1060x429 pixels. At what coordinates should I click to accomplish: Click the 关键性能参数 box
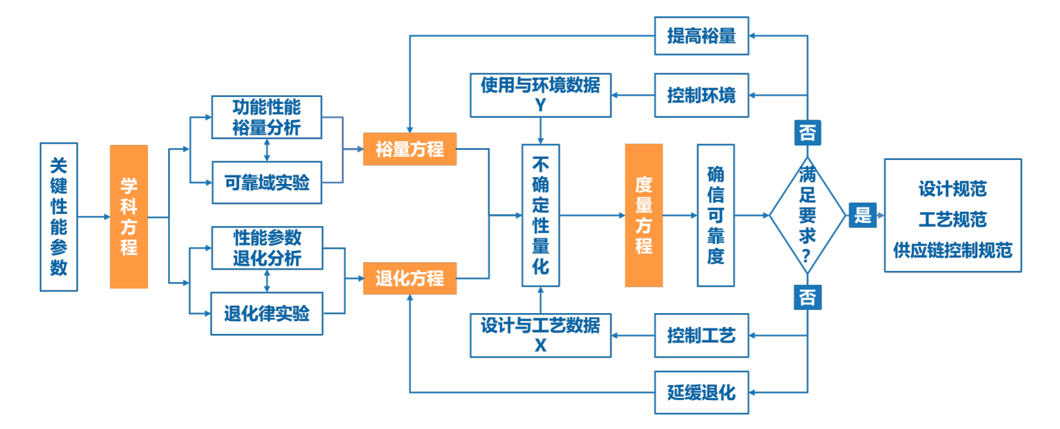(59, 217)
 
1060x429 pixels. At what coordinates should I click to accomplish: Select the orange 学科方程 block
(129, 217)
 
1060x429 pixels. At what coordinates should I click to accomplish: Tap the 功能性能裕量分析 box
(266, 117)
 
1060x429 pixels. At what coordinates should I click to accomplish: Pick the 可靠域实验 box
(267, 183)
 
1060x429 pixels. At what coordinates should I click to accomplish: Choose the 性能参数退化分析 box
(267, 248)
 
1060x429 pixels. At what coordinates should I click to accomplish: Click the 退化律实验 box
(266, 313)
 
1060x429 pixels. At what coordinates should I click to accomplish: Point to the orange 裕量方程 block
(409, 149)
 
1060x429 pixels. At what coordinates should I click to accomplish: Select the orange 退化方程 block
(409, 278)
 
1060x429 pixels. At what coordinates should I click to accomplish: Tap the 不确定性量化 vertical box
(540, 215)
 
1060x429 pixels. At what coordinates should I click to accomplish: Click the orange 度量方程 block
(643, 215)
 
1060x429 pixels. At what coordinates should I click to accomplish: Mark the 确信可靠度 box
(715, 215)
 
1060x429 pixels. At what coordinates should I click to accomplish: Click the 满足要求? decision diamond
(807, 215)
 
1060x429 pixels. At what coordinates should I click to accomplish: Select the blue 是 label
(862, 215)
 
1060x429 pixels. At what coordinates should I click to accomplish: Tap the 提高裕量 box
(701, 36)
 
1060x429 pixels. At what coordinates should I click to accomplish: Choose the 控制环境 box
(701, 96)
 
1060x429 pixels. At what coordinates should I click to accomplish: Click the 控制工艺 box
(701, 336)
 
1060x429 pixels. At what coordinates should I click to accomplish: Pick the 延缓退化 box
(701, 392)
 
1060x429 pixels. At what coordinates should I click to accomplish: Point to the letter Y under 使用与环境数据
(540, 105)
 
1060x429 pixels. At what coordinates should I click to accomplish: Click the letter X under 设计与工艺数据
(540, 345)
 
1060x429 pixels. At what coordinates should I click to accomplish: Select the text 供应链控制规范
(952, 250)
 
